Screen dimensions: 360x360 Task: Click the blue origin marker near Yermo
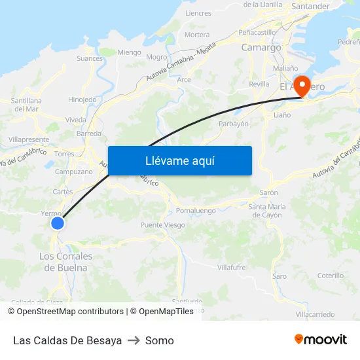[58, 223]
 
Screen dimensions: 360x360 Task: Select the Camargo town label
[261, 47]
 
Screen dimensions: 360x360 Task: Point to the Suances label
[90, 58]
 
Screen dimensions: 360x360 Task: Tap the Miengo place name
[129, 52]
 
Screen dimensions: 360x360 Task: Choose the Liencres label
[198, 13]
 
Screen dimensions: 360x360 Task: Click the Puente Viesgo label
[163, 225]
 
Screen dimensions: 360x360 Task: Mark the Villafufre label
[232, 267]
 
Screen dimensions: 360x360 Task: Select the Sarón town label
[269, 193]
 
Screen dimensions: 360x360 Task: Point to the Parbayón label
[234, 124]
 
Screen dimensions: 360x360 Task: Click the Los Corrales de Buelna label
[65, 262]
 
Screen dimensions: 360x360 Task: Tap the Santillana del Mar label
[26, 105]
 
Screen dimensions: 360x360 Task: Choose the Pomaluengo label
[196, 211]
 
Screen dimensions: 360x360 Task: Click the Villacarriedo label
[315, 315]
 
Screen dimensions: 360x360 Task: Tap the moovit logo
[320, 340]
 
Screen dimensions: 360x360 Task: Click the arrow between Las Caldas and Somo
[134, 340]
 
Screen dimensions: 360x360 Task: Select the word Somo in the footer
[160, 340]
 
